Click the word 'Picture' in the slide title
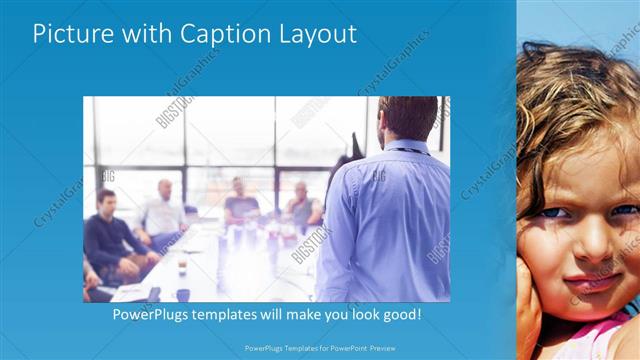click(x=73, y=33)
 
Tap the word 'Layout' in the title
click(x=314, y=34)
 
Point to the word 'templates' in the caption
click(x=237, y=314)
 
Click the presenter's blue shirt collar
click(x=405, y=147)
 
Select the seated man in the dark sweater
click(x=107, y=236)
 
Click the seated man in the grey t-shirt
click(x=241, y=204)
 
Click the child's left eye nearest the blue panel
click(x=550, y=212)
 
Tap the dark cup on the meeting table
click(x=183, y=294)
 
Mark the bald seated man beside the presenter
click(x=300, y=204)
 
